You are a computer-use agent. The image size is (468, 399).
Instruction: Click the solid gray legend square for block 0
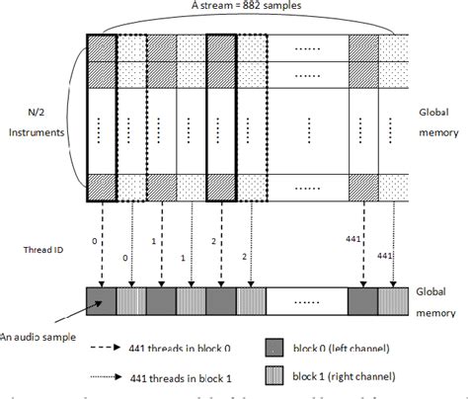[274, 348]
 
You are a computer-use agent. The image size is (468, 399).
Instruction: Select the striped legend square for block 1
[274, 375]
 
